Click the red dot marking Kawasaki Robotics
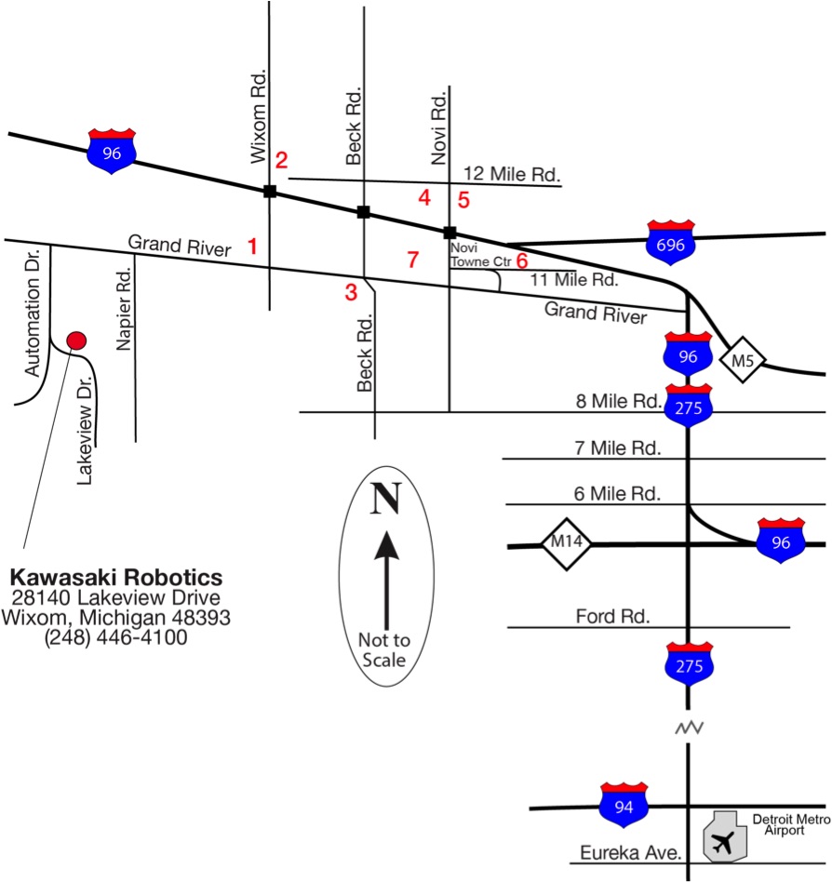pos(77,341)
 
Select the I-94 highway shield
pos(624,805)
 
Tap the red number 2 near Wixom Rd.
pos(281,160)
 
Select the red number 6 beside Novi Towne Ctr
pos(522,260)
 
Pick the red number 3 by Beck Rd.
pos(351,292)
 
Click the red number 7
pos(413,260)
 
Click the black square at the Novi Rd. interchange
pos(450,233)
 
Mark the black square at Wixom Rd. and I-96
pos(270,192)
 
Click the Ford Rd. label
pos(612,616)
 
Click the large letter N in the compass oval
pos(386,499)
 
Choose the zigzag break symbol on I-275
pos(689,726)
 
